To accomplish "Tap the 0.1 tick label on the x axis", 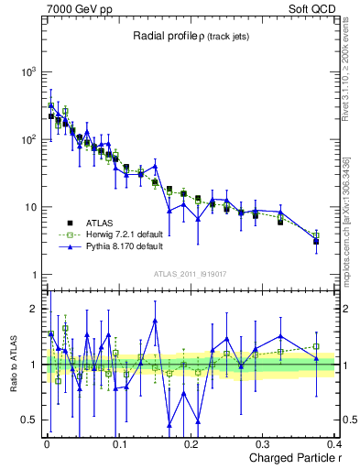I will coord(119,443).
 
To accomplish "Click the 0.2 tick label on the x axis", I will coord(191,443).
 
